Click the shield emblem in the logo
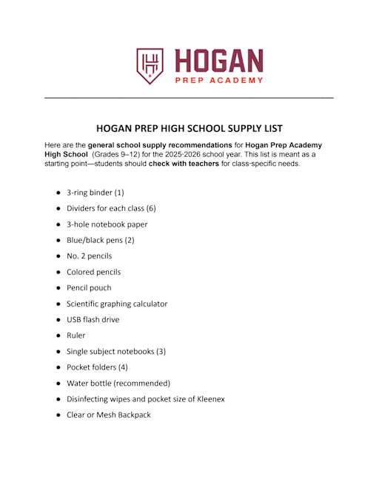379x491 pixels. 150,65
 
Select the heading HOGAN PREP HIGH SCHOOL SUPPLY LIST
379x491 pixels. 189,128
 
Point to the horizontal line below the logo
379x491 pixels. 189,98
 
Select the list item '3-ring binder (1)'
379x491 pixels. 95,192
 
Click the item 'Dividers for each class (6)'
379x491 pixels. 111,208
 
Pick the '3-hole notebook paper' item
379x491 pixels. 107,224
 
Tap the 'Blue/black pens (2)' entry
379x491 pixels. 100,240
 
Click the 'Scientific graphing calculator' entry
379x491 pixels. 117,304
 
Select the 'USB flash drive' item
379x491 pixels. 93,319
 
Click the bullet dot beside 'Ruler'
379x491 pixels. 58,335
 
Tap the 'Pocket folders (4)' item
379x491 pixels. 97,367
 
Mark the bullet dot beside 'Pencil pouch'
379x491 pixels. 58,288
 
